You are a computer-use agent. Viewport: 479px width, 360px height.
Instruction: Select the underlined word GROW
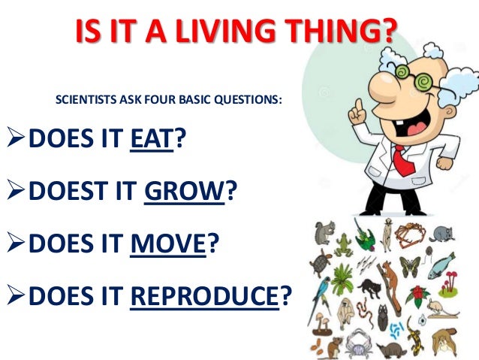[x=184, y=192]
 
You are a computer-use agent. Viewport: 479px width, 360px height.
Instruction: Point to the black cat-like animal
[x=369, y=287]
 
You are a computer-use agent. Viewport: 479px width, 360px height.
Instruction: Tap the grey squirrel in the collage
[x=325, y=233]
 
